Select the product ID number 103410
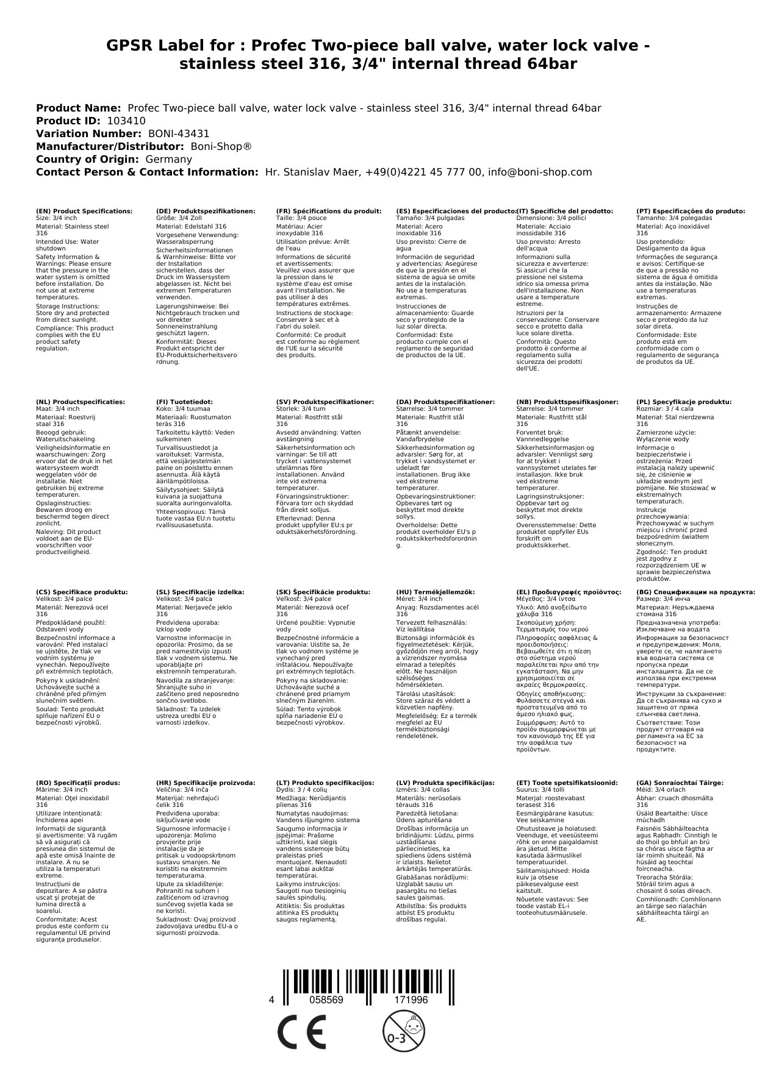coord(126,121)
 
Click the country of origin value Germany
coord(168,159)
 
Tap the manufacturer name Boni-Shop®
coord(221,146)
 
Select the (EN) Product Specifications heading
coord(84,211)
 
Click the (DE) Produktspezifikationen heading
coord(206,211)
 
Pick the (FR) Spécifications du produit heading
coord(329,211)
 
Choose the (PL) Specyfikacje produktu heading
coord(684,402)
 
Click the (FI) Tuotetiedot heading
coord(185,402)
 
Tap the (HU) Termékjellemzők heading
coord(435,592)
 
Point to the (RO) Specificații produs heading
coord(78,783)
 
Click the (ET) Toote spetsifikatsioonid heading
coord(567,783)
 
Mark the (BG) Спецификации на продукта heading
coord(695,592)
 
